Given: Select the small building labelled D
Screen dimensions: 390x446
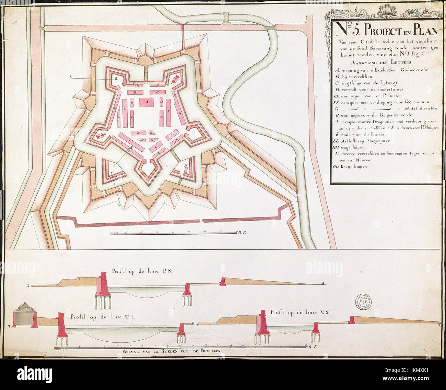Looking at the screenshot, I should pos(161,102).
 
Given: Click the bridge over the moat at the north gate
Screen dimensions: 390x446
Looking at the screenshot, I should pos(146,72).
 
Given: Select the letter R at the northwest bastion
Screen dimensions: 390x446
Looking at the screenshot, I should pos(116,78).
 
